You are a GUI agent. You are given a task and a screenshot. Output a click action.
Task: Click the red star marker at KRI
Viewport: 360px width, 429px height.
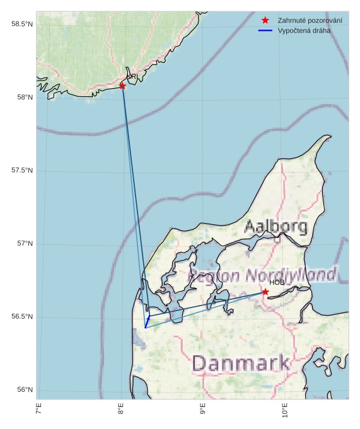coord(122,86)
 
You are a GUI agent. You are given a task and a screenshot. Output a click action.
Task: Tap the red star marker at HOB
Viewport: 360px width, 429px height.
coord(265,292)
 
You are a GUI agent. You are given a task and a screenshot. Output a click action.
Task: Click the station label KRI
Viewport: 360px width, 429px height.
coord(132,77)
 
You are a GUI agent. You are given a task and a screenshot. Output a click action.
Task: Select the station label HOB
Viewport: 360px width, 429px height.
coord(277,282)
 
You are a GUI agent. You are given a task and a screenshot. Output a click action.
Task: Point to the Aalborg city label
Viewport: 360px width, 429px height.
coord(276,226)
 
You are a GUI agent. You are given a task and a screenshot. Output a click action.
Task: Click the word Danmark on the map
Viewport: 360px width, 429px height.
coord(241,363)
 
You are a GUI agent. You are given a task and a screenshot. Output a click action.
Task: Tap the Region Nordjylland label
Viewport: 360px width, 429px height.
coord(262,275)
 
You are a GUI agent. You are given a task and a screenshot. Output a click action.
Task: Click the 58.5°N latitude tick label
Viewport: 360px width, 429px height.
coord(21,24)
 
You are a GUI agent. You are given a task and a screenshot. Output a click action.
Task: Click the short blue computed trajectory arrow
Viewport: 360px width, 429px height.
coord(147,321)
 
